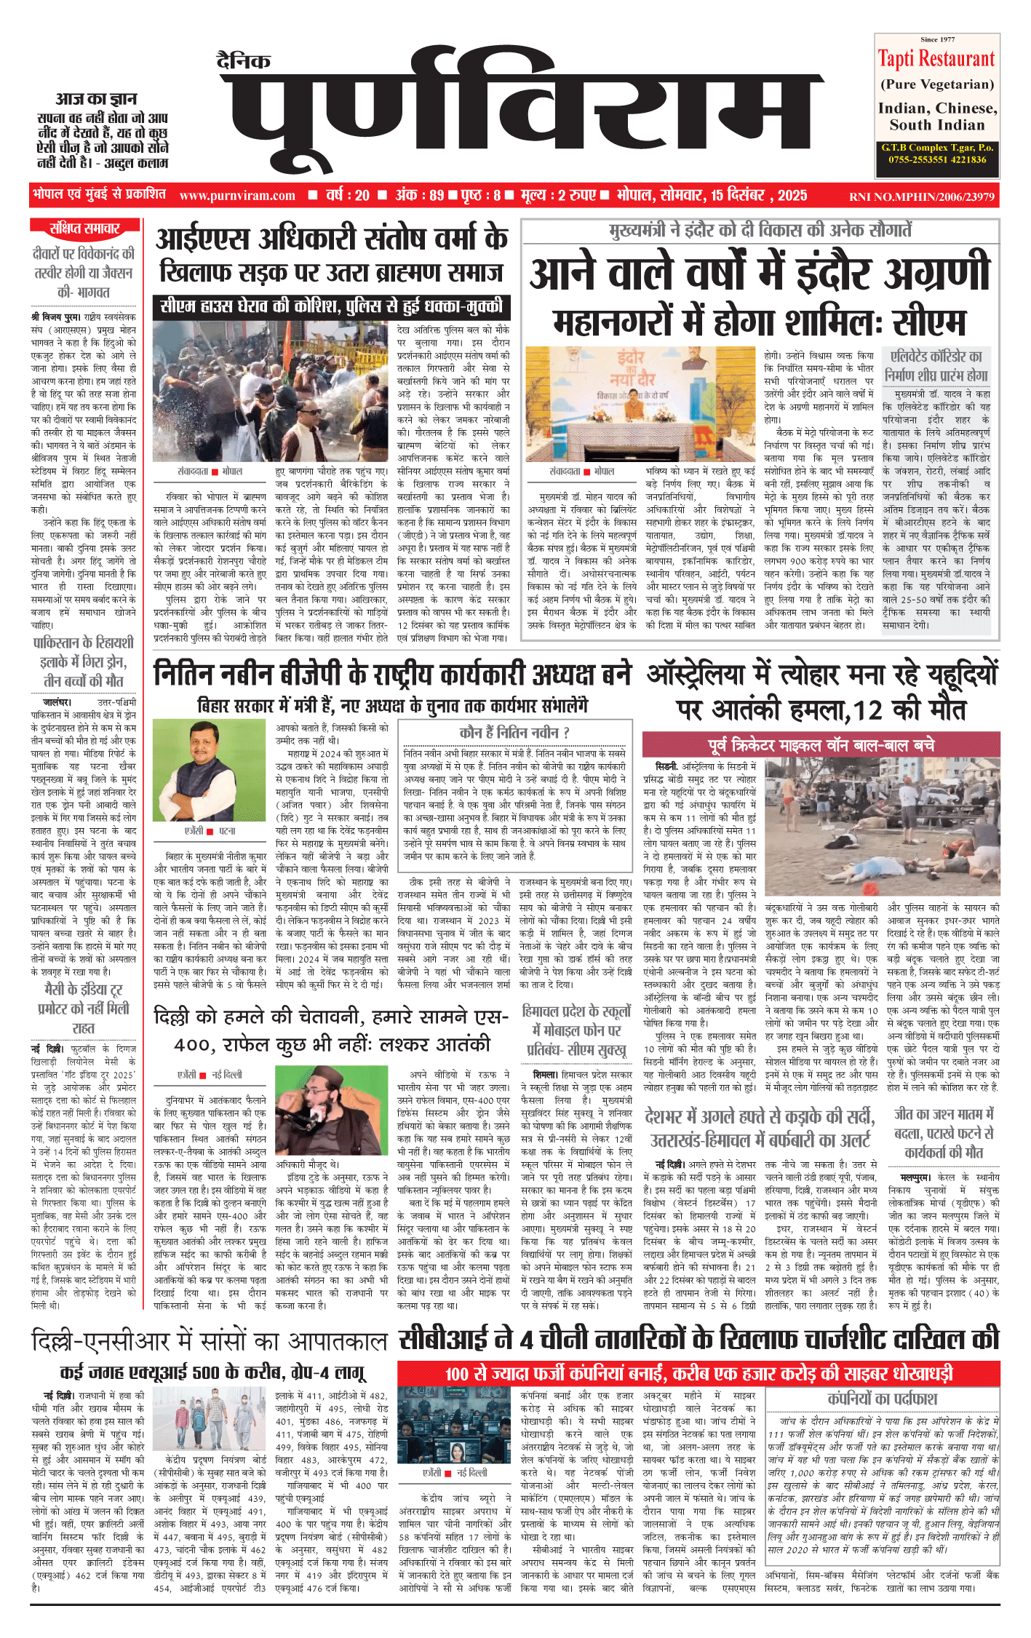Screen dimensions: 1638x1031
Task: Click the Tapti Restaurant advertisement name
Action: click(936, 59)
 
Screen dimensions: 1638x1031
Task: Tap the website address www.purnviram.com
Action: click(237, 196)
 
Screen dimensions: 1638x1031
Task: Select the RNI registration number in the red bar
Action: click(921, 196)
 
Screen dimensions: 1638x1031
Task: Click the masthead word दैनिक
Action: click(244, 62)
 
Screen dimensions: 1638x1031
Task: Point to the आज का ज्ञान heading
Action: click(96, 99)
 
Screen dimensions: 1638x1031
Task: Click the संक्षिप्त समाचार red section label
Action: click(84, 229)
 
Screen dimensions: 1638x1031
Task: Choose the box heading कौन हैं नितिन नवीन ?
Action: click(514, 732)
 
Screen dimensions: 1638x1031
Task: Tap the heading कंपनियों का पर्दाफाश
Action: click(883, 1399)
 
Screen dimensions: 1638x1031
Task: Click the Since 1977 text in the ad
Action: click(937, 39)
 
